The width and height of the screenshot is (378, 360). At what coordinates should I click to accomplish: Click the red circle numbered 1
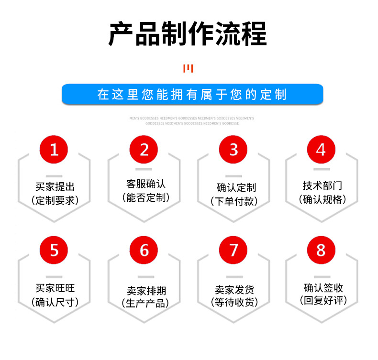click(x=54, y=150)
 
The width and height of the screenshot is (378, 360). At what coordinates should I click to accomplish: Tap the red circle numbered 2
click(x=144, y=150)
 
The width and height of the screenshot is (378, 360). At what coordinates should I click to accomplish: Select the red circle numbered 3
click(x=233, y=150)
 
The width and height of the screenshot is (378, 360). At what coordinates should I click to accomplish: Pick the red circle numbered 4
click(x=321, y=150)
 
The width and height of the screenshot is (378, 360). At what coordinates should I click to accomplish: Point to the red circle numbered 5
click(x=54, y=250)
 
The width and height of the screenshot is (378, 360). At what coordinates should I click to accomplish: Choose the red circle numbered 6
click(x=144, y=250)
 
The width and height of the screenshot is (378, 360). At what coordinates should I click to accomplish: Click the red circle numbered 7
click(x=233, y=250)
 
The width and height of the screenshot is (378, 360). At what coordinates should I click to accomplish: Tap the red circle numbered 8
click(x=321, y=250)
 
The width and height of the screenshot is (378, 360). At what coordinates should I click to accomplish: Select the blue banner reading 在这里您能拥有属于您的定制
click(x=192, y=94)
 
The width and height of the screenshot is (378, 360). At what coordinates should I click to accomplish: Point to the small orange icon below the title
click(x=189, y=69)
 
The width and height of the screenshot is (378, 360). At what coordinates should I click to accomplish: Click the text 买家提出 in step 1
click(x=55, y=187)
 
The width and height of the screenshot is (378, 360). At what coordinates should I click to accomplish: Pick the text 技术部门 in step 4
click(x=322, y=185)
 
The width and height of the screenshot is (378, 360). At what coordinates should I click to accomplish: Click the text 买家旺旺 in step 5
click(x=55, y=288)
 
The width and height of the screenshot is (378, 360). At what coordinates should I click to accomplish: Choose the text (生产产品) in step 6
click(x=145, y=303)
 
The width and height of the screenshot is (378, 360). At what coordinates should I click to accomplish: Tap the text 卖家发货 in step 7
click(x=234, y=290)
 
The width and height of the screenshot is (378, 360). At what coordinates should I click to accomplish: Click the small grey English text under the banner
click(x=191, y=120)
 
